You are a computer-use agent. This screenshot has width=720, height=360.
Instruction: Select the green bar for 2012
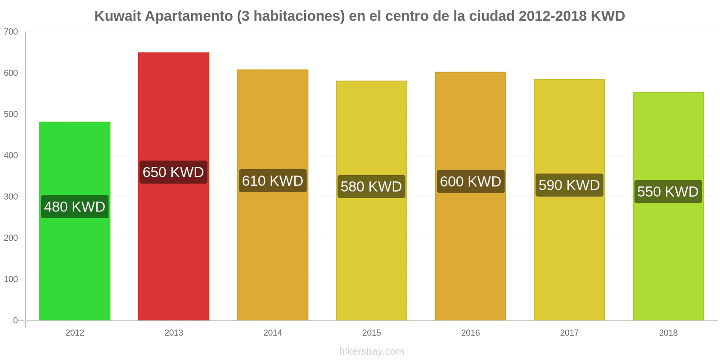coord(75,221)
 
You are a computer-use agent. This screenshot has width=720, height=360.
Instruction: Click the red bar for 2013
coord(174,186)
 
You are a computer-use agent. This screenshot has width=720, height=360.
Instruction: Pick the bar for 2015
coord(372,201)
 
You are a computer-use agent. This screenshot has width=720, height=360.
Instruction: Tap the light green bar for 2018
coord(668,207)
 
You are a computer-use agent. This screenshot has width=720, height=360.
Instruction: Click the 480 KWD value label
coord(75,207)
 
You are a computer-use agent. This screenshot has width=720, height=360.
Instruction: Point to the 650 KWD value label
coord(174,172)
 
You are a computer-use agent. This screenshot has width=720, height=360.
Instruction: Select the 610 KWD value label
coord(273,180)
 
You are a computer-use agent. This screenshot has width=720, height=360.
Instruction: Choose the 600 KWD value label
coord(471,182)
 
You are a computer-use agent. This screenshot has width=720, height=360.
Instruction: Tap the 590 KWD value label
coord(569,185)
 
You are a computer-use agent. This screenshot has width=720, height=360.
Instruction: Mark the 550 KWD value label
coord(668,192)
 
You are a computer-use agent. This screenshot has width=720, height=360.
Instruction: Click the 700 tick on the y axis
coord(11,32)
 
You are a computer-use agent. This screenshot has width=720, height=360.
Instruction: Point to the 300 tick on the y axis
coord(11,197)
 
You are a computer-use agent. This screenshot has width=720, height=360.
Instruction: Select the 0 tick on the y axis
coord(15,320)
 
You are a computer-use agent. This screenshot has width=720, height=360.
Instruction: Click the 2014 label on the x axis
coord(273,333)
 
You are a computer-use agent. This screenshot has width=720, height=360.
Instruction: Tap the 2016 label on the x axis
coord(471,333)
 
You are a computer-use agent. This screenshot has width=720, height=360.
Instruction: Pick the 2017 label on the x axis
coord(569,333)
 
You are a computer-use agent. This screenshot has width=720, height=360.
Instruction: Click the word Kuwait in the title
coord(117,16)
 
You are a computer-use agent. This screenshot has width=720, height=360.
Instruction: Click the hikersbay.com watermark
coord(372,351)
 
